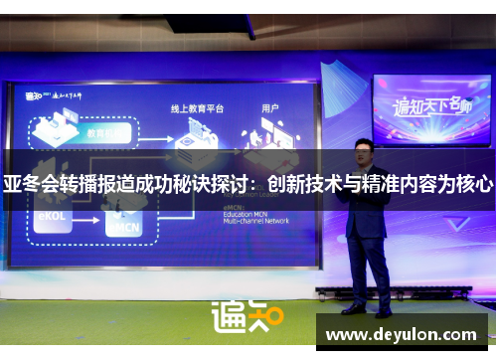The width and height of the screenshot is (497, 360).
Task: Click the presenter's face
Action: (x=364, y=152)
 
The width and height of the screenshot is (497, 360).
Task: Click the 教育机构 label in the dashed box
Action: (x=105, y=132)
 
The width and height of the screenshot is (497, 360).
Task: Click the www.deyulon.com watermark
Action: (x=404, y=334)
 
